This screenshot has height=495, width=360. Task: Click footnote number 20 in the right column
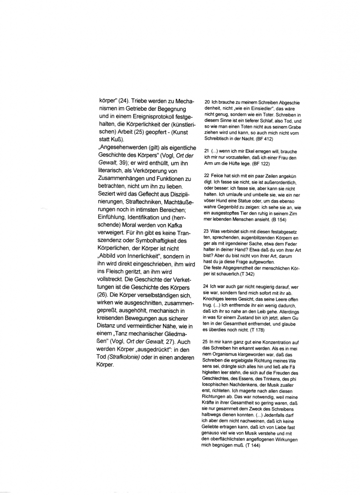click(x=207, y=102)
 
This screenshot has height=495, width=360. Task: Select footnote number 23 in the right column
click(x=207, y=232)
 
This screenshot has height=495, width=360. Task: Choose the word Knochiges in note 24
click(x=216, y=300)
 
